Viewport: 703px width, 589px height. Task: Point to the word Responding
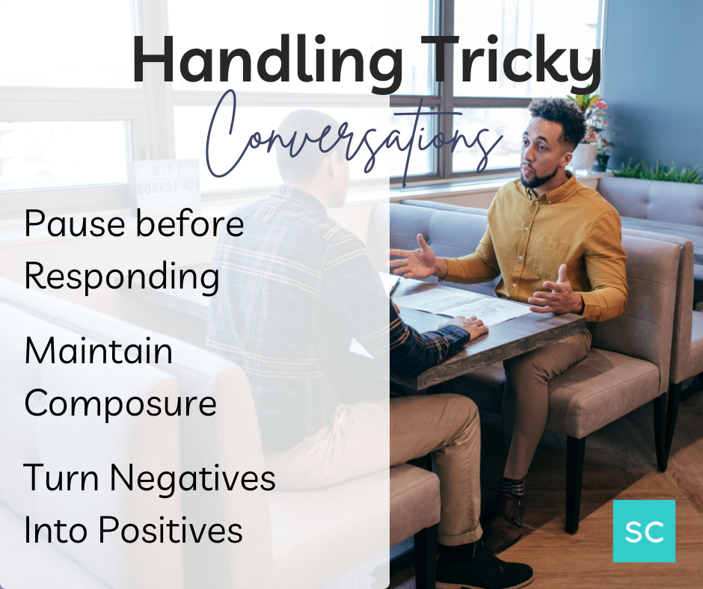[x=122, y=276]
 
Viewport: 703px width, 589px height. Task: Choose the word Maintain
[x=98, y=351]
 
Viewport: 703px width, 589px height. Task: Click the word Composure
[x=120, y=404]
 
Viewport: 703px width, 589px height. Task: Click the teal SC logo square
[x=643, y=531]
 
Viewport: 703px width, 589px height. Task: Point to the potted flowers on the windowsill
[x=591, y=123]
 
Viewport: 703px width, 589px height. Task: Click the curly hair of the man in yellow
[x=556, y=116]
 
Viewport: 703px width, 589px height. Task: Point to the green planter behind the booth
[x=658, y=171]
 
